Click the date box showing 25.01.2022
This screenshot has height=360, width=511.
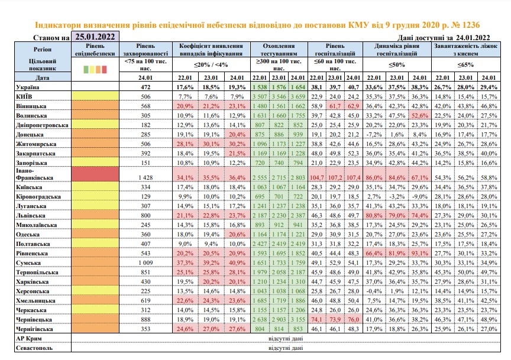(95, 37)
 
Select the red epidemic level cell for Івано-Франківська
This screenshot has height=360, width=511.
(95, 174)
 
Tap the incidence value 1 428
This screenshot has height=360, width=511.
(145, 177)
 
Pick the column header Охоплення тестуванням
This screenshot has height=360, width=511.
(279, 50)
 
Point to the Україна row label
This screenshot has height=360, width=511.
(28, 87)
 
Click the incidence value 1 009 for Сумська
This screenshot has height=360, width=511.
(145, 263)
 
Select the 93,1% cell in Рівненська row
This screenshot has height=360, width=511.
(419, 254)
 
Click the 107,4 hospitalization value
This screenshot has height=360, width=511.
(353, 177)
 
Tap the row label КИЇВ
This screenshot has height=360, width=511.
(24, 97)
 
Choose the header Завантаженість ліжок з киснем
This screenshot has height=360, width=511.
(465, 50)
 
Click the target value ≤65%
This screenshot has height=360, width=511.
(465, 65)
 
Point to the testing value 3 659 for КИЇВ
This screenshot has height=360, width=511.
(298, 97)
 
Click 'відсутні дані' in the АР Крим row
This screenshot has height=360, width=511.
(286, 339)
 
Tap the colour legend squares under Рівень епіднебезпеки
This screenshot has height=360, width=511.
(95, 69)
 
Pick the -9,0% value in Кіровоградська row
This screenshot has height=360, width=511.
(419, 196)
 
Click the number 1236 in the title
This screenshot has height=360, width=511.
(471, 25)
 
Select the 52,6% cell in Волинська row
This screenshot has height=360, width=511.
(419, 116)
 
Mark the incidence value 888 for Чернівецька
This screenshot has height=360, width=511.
(145, 320)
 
